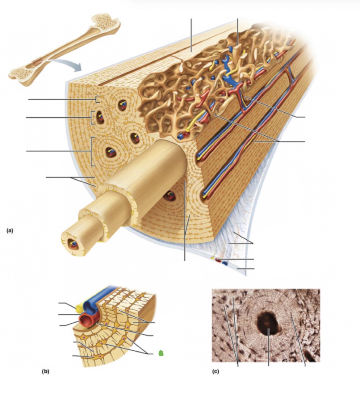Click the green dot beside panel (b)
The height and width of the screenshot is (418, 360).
pyautogui.click(x=161, y=354)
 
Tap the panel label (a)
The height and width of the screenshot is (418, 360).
pyautogui.click(x=10, y=230)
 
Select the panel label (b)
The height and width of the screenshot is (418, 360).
pyautogui.click(x=45, y=371)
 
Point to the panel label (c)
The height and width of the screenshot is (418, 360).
pyautogui.click(x=216, y=371)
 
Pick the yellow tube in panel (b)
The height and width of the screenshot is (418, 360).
pyautogui.click(x=79, y=308)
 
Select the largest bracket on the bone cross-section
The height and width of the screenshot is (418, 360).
pyautogui.click(x=92, y=152)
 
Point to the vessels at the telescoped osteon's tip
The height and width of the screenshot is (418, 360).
pyautogui.click(x=73, y=245)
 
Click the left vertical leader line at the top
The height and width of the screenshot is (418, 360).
pyautogui.click(x=191, y=34)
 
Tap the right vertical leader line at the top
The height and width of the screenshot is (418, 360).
pyautogui.click(x=237, y=31)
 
